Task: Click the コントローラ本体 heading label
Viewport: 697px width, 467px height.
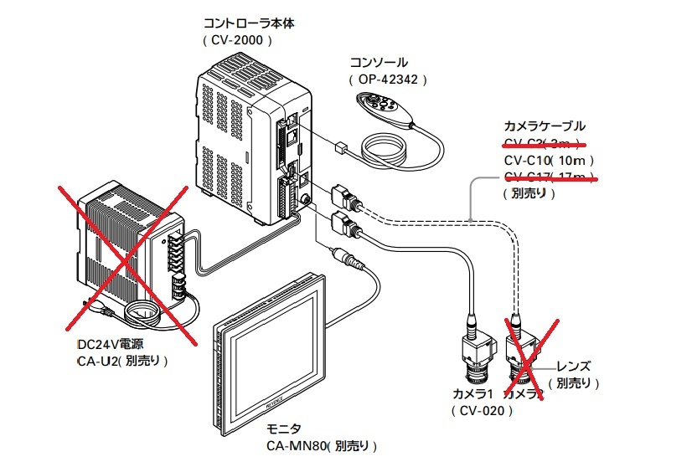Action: pos(250,23)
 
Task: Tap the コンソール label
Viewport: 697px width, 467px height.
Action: pos(379,63)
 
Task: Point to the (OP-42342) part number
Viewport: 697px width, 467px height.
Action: pos(388,80)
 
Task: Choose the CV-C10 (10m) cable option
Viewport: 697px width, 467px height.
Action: pos(550,160)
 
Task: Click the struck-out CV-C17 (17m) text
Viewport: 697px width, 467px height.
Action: pos(550,176)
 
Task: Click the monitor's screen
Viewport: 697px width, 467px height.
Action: pos(267,352)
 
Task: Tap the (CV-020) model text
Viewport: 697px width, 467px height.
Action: pos(481,410)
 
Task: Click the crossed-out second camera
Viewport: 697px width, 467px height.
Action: pos(523,356)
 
